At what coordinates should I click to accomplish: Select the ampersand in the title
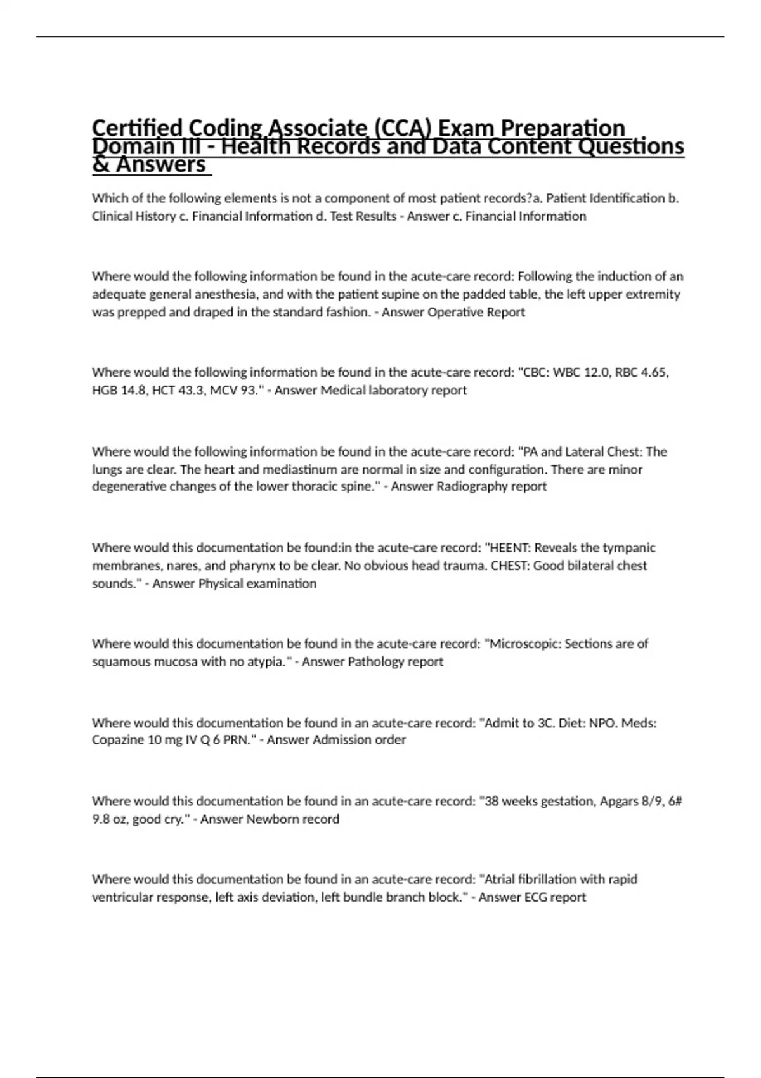pos(100,165)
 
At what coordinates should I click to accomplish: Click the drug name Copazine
pos(118,740)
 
